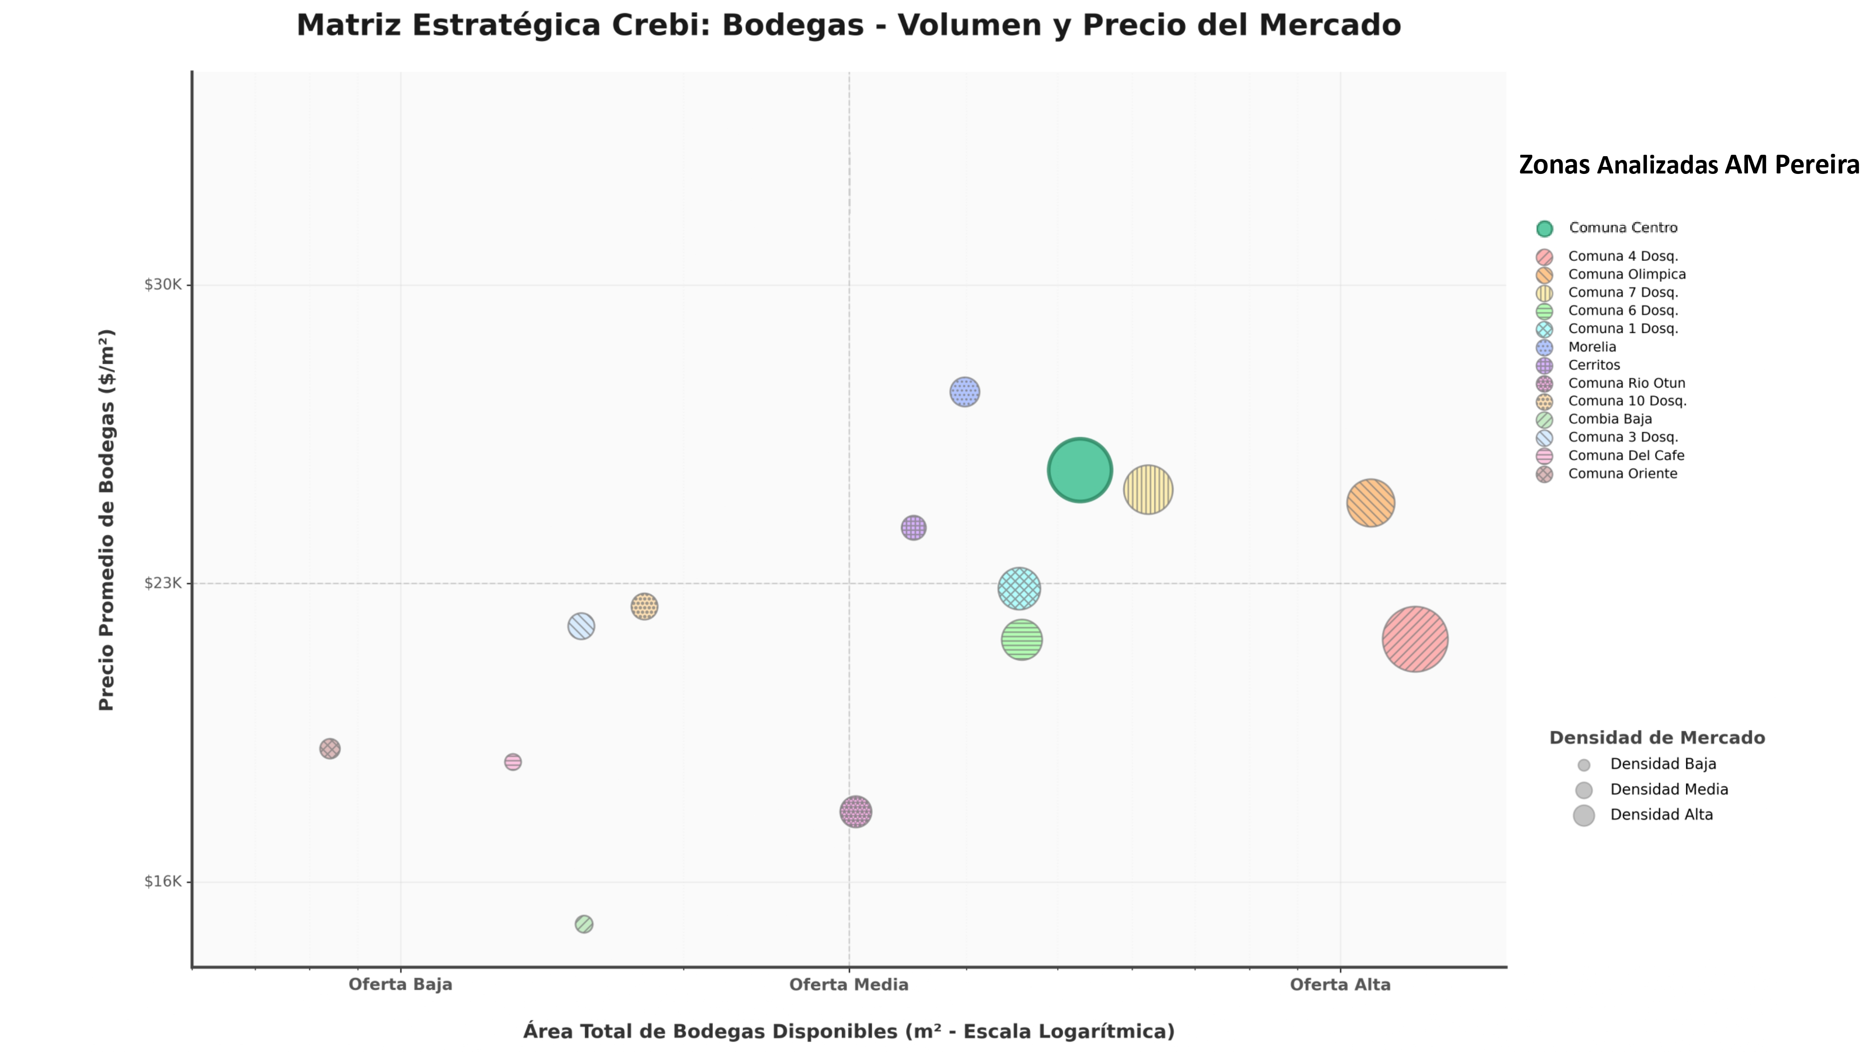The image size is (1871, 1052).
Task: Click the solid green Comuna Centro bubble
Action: pos(1079,470)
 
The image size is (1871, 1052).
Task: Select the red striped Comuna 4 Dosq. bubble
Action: pos(1414,639)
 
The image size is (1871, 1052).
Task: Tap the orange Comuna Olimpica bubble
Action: pos(1370,503)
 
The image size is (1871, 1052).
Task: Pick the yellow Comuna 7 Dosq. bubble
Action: pos(1147,490)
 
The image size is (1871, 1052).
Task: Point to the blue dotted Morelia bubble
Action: pos(965,392)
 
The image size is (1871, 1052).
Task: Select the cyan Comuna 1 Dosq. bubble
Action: pos(1019,588)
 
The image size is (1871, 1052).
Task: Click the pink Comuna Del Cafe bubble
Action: pos(513,762)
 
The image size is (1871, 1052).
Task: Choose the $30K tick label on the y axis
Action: pos(163,285)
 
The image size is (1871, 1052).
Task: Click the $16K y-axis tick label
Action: pos(163,881)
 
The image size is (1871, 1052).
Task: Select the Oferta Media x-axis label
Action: pos(848,985)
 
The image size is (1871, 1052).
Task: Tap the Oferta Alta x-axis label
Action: pos(1340,985)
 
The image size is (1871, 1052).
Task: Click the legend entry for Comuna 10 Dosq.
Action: pos(1626,401)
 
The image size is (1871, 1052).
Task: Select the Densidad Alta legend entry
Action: pos(1661,814)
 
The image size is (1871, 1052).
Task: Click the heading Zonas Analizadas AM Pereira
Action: pos(1689,165)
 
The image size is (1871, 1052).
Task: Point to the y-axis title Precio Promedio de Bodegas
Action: pos(107,520)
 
